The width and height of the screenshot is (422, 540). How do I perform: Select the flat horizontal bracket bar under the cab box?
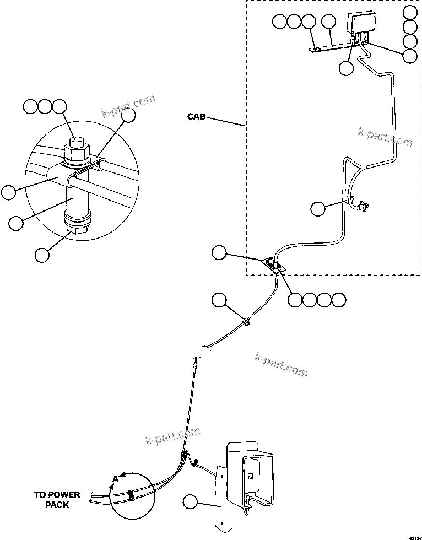coord(331,47)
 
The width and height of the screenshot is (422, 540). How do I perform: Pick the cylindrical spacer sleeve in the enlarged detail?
coord(77,198)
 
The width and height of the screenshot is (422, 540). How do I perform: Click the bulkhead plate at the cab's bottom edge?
coord(273,265)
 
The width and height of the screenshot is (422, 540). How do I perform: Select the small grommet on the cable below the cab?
coord(246,322)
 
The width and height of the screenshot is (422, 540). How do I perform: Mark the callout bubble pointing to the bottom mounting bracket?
coord(191,502)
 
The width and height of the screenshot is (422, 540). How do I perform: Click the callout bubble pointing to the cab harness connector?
coord(318,208)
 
